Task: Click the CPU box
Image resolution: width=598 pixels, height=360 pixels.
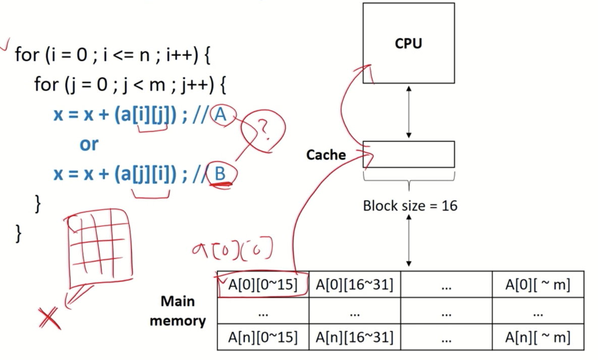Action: pyautogui.click(x=408, y=43)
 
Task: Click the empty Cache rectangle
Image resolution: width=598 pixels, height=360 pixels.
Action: pyautogui.click(x=408, y=154)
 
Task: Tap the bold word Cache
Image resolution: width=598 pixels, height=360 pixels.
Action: pyautogui.click(x=325, y=155)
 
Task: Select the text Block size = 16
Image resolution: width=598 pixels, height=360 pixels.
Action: pyautogui.click(x=410, y=206)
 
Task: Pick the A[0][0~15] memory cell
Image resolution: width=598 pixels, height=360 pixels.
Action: pyautogui.click(x=263, y=285)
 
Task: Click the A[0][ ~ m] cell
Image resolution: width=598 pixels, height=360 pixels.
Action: pyautogui.click(x=538, y=285)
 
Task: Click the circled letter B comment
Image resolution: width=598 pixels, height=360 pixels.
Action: pyautogui.click(x=220, y=174)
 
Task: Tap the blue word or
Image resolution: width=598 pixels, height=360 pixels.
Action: pyautogui.click(x=89, y=144)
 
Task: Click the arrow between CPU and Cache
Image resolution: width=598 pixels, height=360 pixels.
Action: pyautogui.click(x=408, y=112)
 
